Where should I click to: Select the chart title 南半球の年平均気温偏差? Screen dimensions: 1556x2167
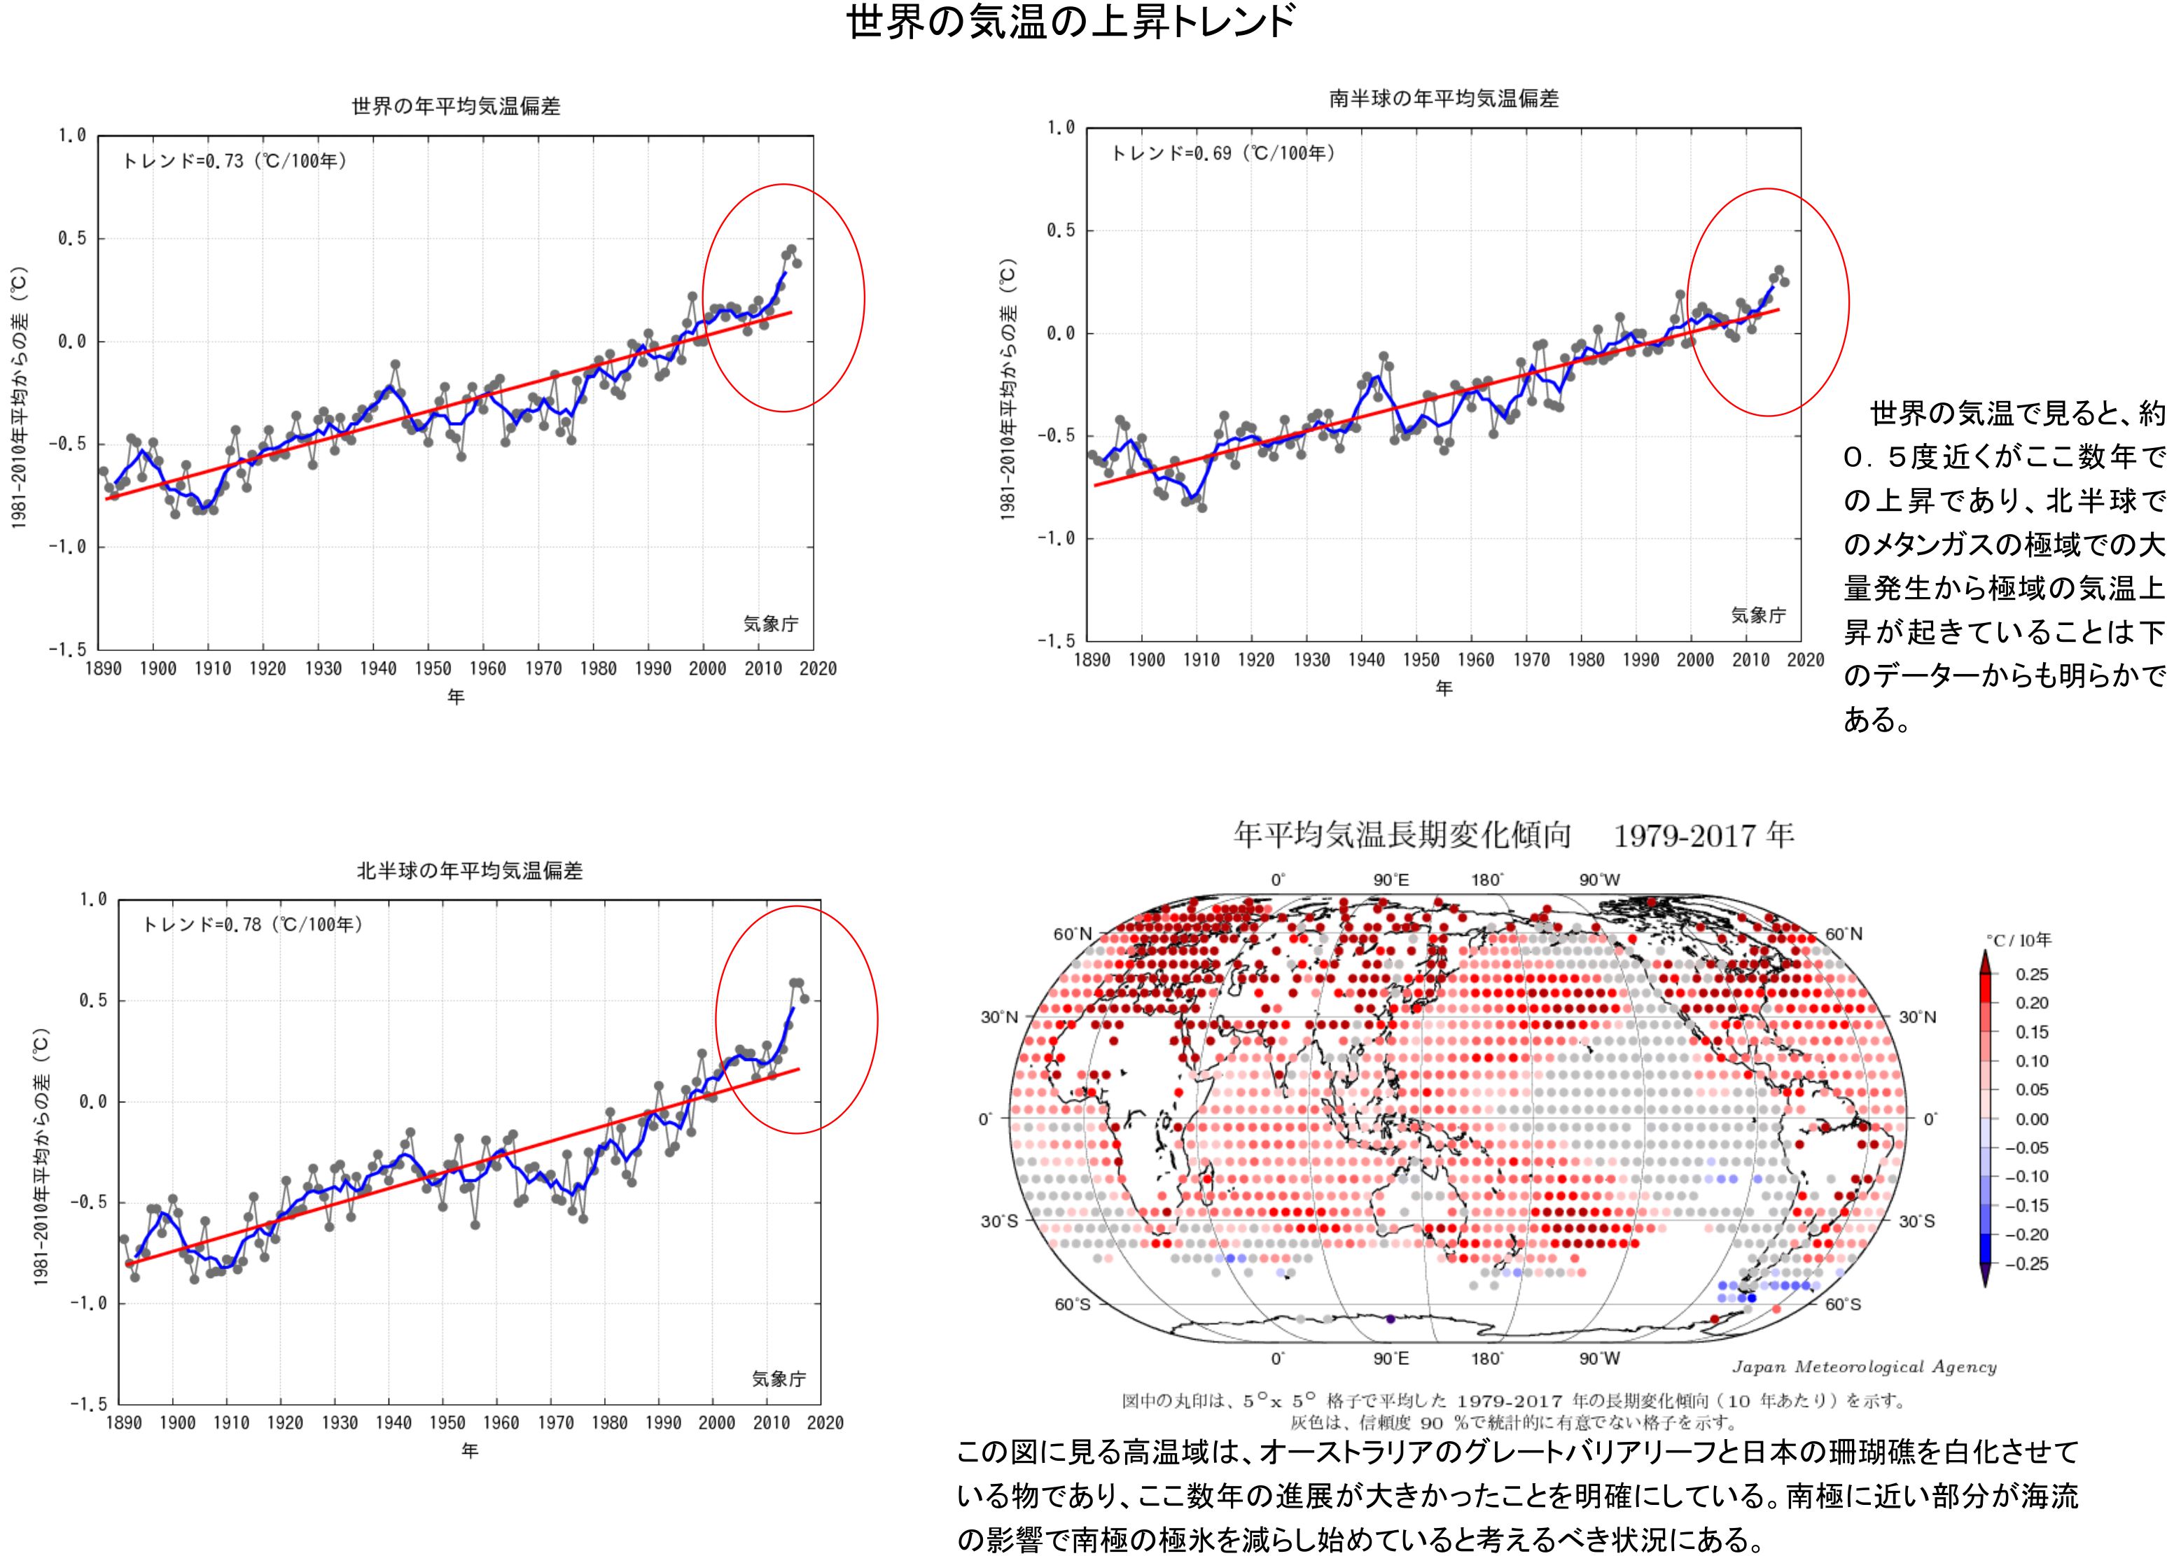pos(1444,99)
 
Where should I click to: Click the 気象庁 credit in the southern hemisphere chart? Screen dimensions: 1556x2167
pos(1758,616)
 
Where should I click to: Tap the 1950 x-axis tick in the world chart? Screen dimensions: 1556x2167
pos(432,668)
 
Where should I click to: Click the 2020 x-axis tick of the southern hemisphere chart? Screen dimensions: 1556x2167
pos(1804,660)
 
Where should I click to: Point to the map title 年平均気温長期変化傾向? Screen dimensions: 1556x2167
pos(1402,836)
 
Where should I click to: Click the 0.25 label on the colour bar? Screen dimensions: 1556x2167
pos(2033,974)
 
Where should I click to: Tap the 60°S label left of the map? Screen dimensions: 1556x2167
pos(1072,1305)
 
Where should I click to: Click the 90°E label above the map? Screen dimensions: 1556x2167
pos(1391,881)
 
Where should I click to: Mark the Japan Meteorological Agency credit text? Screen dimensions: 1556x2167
pos(1864,1367)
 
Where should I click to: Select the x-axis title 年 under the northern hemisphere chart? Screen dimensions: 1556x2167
pos(469,1451)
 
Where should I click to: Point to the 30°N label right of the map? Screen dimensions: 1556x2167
pos(1916,1017)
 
